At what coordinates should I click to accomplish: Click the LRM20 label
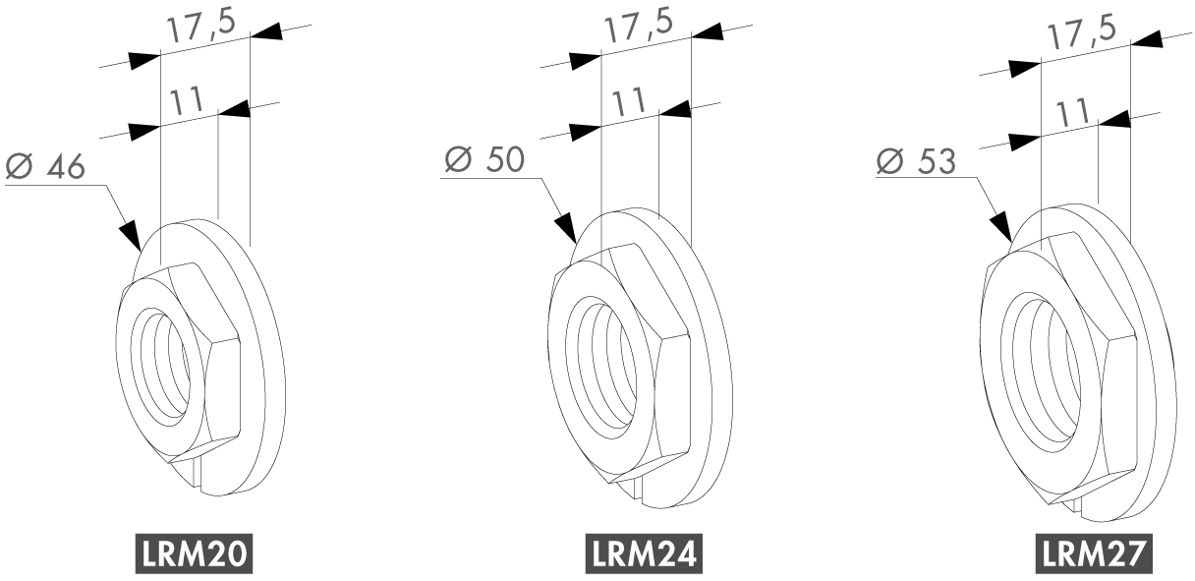point(194,553)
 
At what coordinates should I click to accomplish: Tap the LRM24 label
point(644,553)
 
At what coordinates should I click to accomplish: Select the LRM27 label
point(1094,553)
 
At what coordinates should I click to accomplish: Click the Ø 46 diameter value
point(45,166)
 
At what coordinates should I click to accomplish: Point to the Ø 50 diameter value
point(484,159)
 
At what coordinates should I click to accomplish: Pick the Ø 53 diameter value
point(916,161)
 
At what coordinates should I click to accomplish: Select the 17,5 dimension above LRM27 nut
point(1081,34)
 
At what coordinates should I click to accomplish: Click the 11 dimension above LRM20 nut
point(187,101)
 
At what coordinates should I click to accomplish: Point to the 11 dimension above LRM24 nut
point(628,102)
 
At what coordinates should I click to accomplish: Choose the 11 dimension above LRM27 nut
point(1072,113)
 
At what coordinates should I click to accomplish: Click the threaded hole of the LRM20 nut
point(161,370)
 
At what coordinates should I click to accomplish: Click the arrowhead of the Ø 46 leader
point(130,236)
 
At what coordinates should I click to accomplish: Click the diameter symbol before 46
point(20,166)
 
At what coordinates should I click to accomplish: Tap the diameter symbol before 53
point(889,161)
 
